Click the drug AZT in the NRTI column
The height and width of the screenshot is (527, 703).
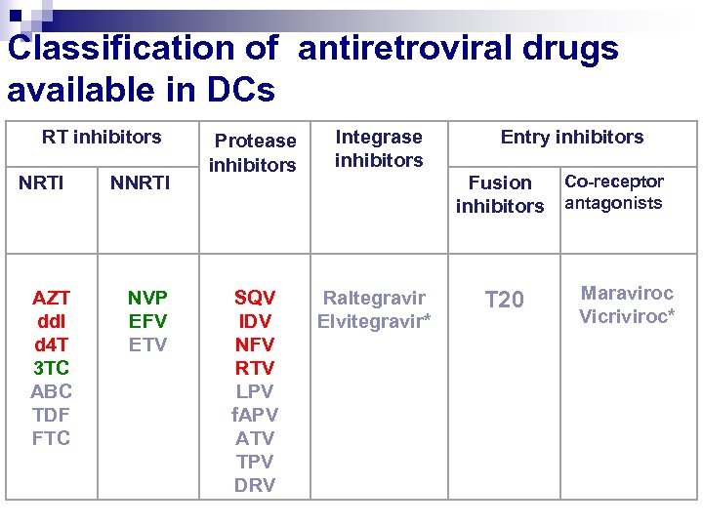click(51, 298)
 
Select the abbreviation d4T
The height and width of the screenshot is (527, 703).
click(51, 345)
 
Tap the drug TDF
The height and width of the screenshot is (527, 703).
click(51, 415)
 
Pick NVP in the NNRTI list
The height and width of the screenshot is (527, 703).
click(148, 298)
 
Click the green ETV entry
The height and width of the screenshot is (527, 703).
click(148, 345)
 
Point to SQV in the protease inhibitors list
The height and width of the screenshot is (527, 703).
click(255, 298)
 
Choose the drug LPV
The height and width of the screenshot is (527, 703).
click(255, 391)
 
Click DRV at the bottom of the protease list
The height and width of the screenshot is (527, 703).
click(255, 485)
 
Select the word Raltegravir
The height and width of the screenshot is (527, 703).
click(374, 298)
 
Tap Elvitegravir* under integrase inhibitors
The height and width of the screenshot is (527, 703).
click(374, 321)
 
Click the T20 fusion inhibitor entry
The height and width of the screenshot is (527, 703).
click(504, 301)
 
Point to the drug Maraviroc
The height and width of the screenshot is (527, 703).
click(627, 293)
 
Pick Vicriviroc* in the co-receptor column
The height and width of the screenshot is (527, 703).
click(627, 316)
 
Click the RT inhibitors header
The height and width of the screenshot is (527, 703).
click(102, 138)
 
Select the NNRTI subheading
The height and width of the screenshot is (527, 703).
click(140, 182)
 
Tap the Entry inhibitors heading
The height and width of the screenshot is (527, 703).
click(572, 138)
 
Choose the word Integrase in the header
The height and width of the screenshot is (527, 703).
click(379, 138)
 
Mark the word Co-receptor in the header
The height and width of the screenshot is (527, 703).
click(614, 182)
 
